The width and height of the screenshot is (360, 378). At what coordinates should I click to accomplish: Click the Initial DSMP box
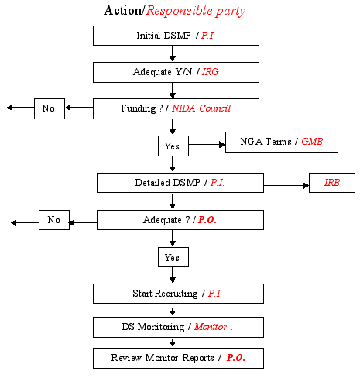(x=176, y=36)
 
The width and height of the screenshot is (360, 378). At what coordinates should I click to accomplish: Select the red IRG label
(x=211, y=72)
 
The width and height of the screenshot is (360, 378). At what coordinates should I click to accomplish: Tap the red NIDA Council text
(x=201, y=108)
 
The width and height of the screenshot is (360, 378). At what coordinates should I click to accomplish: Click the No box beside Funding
(x=50, y=108)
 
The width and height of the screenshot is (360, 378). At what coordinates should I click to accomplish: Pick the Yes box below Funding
(x=173, y=146)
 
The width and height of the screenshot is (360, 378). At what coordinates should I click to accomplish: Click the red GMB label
(x=312, y=142)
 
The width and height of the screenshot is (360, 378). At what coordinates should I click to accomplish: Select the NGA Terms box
(x=282, y=143)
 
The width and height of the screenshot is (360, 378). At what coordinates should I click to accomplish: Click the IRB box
(x=332, y=183)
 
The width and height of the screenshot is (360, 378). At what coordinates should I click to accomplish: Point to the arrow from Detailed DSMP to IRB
(x=286, y=185)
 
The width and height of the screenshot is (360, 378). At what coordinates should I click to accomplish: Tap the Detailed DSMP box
(x=180, y=183)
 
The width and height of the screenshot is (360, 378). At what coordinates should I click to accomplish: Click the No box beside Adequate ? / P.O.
(x=54, y=220)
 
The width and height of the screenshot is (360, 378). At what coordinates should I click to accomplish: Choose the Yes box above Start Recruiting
(x=173, y=257)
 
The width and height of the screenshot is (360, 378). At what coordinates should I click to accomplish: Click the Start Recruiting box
(x=178, y=294)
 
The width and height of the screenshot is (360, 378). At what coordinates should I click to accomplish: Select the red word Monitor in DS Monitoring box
(x=211, y=327)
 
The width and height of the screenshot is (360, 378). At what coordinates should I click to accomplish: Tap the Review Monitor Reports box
(x=178, y=358)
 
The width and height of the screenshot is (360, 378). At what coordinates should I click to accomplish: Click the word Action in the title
(x=122, y=11)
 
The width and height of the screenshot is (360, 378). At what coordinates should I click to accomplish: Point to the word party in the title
(x=231, y=12)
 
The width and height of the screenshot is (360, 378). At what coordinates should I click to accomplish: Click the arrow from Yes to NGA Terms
(x=207, y=145)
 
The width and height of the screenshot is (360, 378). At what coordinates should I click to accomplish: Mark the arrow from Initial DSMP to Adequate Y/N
(x=173, y=53)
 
